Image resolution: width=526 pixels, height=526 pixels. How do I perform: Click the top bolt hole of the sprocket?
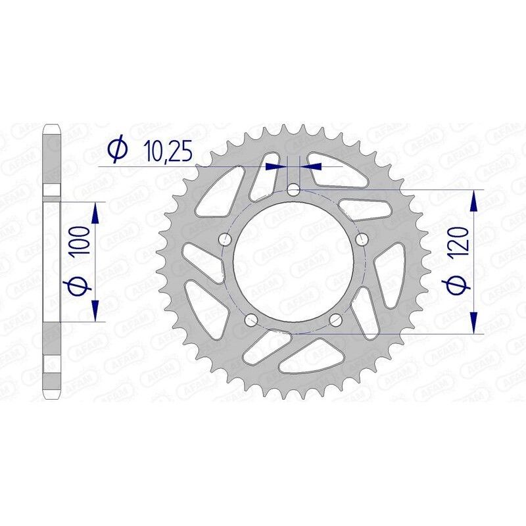[x=293, y=191]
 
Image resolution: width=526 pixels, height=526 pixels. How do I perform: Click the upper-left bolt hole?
[x=225, y=239]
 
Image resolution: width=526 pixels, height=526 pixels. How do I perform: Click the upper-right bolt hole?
[x=360, y=240]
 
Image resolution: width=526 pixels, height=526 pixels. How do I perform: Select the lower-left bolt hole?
[x=251, y=320]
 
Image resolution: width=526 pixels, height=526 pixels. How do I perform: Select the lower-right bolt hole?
[x=335, y=320]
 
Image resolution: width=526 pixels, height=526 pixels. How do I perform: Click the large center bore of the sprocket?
[x=293, y=263]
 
